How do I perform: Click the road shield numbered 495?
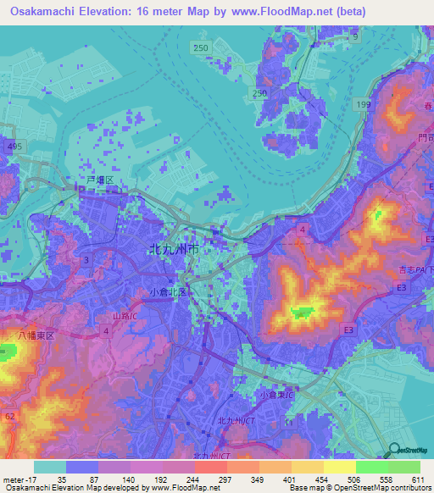pyautogui.click(x=12, y=147)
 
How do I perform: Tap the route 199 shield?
pyautogui.click(x=364, y=104)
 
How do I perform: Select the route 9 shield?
pyautogui.click(x=355, y=38)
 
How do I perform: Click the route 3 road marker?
pyautogui.click(x=86, y=259)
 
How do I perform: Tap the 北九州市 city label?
pyautogui.click(x=174, y=251)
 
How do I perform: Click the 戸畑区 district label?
pyautogui.click(x=100, y=181)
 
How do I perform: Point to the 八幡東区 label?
pyautogui.click(x=37, y=336)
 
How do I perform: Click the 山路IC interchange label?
pyautogui.click(x=126, y=315)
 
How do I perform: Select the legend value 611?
pyautogui.click(x=418, y=478)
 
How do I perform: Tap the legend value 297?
pyautogui.click(x=225, y=478)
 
